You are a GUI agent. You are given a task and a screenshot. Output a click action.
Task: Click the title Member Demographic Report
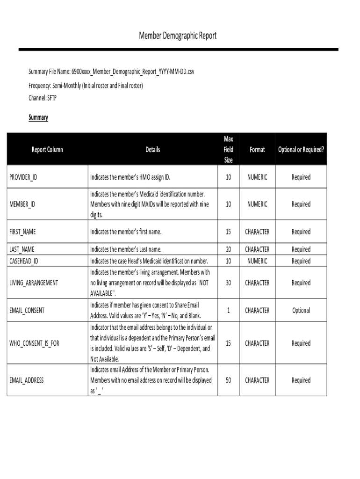pyautogui.click(x=178, y=36)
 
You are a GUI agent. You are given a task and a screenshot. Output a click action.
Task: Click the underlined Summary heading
pyautogui.click(x=38, y=117)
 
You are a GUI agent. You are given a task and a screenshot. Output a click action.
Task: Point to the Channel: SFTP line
pyautogui.click(x=43, y=98)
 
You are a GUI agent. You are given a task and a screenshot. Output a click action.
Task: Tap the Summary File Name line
pyautogui.click(x=111, y=72)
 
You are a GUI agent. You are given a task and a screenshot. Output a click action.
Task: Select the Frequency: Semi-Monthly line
pyautogui.click(x=86, y=86)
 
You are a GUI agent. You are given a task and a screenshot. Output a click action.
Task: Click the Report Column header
pyautogui.click(x=47, y=150)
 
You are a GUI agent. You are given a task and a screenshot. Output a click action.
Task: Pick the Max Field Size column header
pyautogui.click(x=228, y=149)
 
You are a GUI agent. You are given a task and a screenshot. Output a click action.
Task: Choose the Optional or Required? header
pyautogui.click(x=301, y=150)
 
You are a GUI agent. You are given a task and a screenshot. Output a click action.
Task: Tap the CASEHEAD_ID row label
pyautogui.click(x=24, y=261)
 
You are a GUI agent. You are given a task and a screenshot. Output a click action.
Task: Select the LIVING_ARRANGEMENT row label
pyautogui.click(x=34, y=283)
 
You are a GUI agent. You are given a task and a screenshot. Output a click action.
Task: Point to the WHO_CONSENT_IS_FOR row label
pyautogui.click(x=35, y=343)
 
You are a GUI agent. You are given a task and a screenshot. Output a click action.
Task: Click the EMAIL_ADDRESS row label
pyautogui.click(x=27, y=380)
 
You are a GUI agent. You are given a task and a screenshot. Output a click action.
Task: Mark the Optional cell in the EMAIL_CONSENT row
pyautogui.click(x=301, y=311)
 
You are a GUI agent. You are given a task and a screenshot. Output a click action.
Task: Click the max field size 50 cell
pyautogui.click(x=228, y=380)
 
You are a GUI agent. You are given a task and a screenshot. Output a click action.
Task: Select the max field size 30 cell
pyautogui.click(x=228, y=283)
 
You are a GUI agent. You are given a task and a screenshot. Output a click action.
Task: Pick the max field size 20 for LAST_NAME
pyautogui.click(x=228, y=249)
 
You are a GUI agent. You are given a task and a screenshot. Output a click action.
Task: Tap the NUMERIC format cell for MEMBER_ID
pyautogui.click(x=257, y=204)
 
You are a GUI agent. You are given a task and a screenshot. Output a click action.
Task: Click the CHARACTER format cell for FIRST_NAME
pyautogui.click(x=257, y=232)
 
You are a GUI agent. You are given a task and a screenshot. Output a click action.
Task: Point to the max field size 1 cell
pyautogui.click(x=228, y=311)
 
